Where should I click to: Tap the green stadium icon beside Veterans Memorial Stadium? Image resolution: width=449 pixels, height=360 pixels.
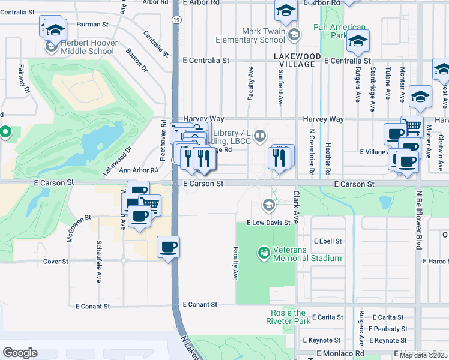pyautogui.click(x=263, y=253)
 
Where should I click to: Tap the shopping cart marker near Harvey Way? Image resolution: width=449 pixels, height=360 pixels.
pyautogui.click(x=412, y=127)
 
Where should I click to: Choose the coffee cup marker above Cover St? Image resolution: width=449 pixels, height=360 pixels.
pyautogui.click(x=168, y=246)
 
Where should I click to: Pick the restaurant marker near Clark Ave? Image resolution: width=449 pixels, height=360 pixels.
pyautogui.click(x=282, y=157)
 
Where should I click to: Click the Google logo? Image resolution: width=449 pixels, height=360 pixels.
pyautogui.click(x=20, y=353)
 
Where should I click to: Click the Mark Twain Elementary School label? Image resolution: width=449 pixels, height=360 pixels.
pyautogui.click(x=263, y=35)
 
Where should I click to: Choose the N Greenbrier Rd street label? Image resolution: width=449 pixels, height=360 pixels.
pyautogui.click(x=312, y=151)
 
